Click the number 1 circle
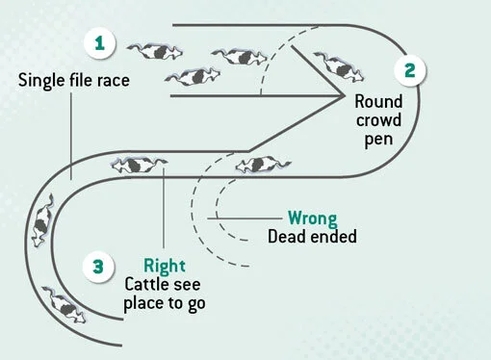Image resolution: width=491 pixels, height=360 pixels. [100, 42]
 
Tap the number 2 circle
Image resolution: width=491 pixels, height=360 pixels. [410, 69]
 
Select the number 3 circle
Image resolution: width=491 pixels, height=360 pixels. [100, 267]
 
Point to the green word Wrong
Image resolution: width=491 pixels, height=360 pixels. [310, 218]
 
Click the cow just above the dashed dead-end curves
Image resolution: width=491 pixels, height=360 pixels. [259, 164]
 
